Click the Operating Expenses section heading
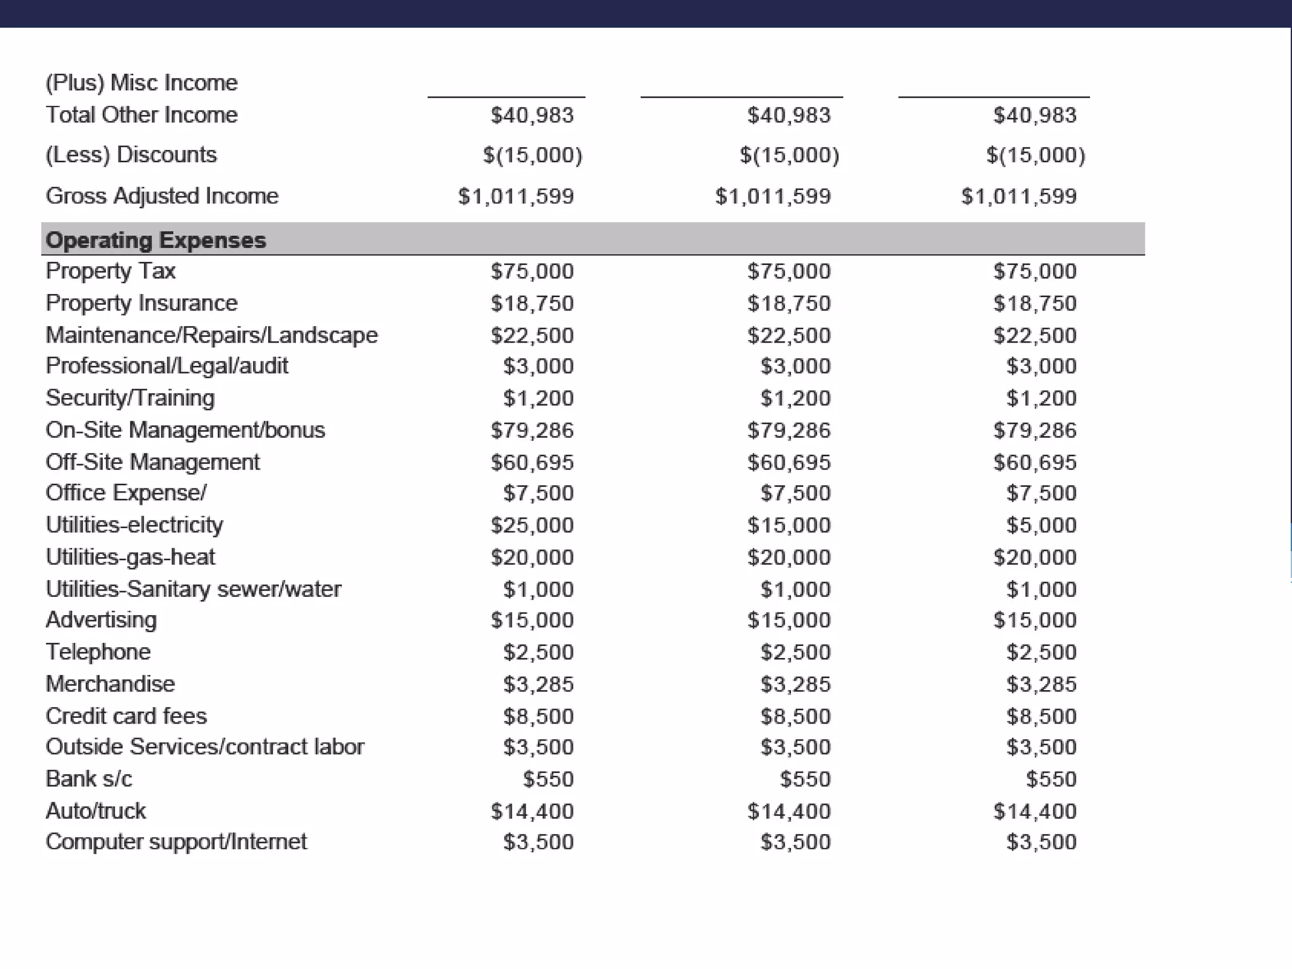156,240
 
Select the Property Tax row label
110,271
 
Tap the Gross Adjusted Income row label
161,196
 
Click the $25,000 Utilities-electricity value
532,525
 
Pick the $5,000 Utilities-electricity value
1041,525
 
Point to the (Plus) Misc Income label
141,83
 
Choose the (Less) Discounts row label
131,155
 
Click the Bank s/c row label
89,778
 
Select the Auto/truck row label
95,811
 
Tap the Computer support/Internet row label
176,842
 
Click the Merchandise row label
110,684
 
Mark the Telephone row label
98,652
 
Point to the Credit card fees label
126,716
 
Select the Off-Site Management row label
152,462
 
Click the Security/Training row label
130,397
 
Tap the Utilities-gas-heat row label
130,557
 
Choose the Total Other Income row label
141,115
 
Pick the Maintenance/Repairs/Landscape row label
211,334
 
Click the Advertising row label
101,620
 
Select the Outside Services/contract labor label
204,747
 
